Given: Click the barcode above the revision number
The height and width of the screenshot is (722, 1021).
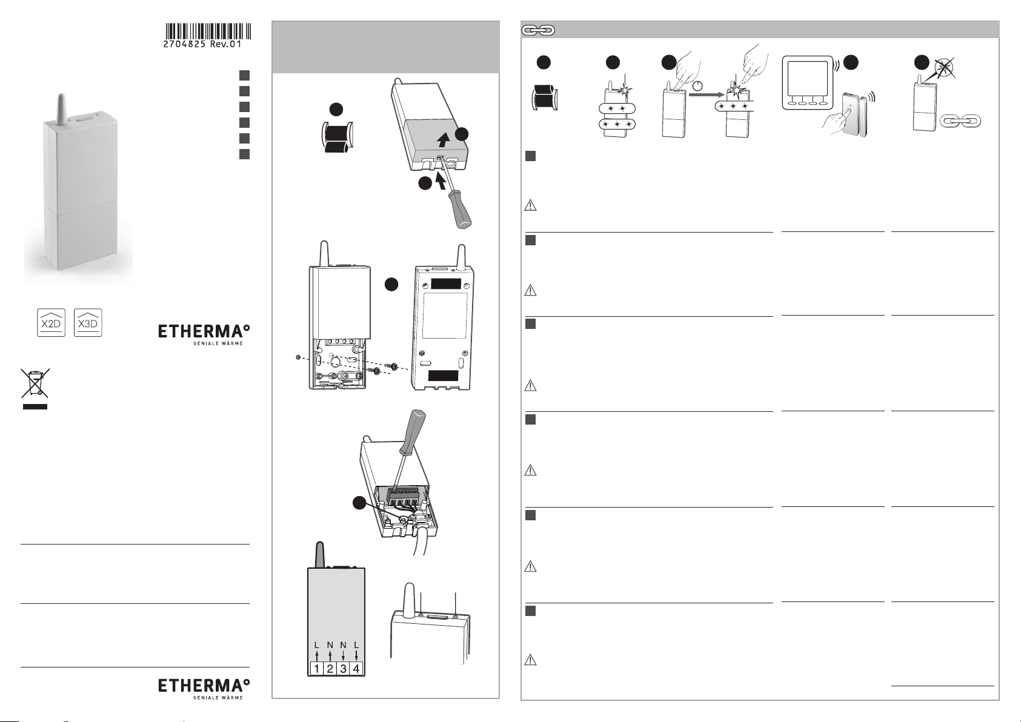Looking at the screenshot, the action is point(208,31).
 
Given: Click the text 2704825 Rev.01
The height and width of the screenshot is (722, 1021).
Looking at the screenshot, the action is point(202,44).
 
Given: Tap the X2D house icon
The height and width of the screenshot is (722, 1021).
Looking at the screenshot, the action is point(51,322).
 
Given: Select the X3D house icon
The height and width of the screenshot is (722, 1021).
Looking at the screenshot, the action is point(88,322).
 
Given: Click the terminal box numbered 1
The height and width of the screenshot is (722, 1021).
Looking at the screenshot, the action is point(317,669).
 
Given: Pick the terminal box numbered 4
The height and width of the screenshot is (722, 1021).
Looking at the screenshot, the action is point(356,669).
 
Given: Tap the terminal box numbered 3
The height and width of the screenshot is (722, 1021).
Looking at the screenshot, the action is point(343,669).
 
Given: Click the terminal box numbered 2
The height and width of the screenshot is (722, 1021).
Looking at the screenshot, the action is point(330,669).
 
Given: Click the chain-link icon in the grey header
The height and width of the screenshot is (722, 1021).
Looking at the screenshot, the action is point(538,30).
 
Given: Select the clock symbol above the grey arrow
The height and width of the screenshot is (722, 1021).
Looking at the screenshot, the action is point(697,85).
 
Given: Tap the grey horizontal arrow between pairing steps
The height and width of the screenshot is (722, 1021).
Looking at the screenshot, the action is point(707,94).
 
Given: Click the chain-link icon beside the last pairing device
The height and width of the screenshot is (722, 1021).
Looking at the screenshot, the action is point(960,122).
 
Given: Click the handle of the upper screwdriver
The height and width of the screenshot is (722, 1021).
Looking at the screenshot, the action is point(459,210).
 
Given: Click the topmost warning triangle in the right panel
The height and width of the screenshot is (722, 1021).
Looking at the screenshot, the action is point(530,205).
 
